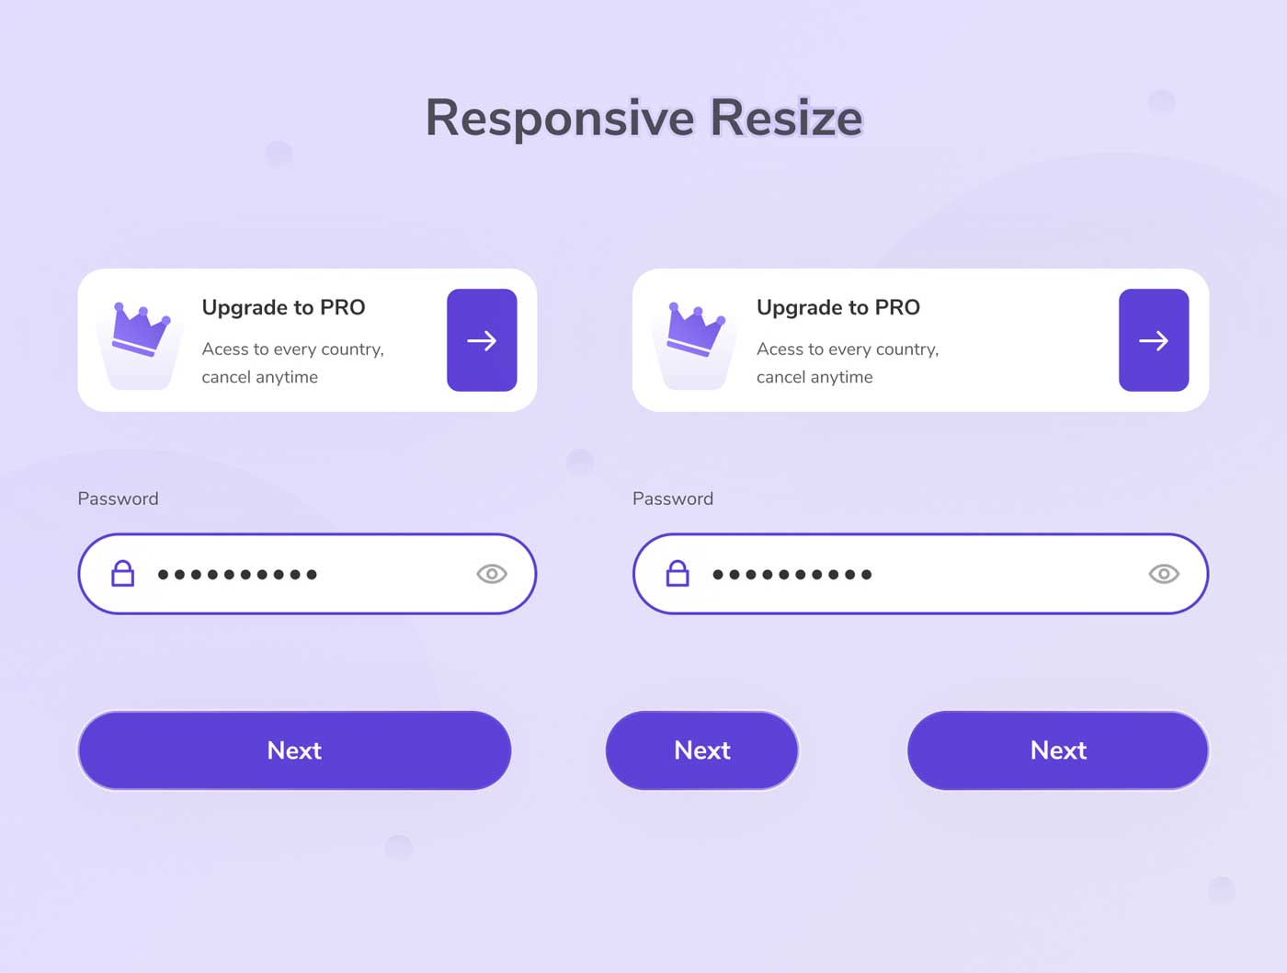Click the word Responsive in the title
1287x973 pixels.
[560, 119]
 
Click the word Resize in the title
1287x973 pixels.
[786, 118]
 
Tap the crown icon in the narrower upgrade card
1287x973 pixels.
[141, 329]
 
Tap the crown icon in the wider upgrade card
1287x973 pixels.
[695, 329]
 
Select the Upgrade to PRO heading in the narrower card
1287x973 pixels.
[283, 307]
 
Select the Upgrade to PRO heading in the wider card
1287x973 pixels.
[837, 307]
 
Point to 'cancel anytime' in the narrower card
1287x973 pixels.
[260, 376]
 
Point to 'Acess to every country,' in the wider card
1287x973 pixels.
[848, 349]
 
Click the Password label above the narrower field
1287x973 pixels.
[118, 498]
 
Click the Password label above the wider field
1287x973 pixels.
[673, 498]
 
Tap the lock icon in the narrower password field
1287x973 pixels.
[122, 574]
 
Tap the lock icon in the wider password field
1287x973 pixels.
[678, 574]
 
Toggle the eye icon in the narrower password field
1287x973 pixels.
[491, 574]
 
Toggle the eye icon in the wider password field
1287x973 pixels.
[1163, 574]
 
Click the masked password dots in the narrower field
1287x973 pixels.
[237, 575]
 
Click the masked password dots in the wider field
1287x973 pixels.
[792, 575]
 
